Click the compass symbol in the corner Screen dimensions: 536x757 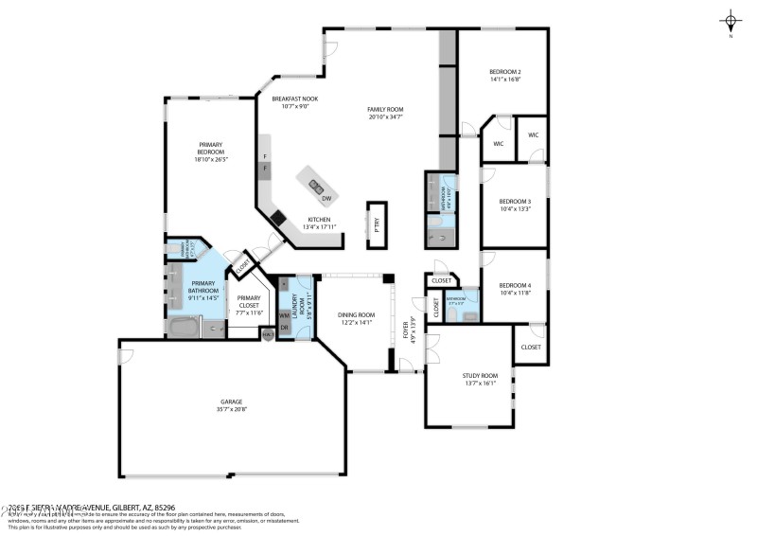pos(731,19)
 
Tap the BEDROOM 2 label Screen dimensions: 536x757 pos(505,72)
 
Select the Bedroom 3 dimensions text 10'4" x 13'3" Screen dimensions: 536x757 pos(515,209)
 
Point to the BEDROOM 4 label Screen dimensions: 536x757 pos(515,285)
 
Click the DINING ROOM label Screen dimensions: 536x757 pos(357,314)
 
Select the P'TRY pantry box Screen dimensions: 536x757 pos(377,224)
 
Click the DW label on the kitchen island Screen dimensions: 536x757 pos(326,199)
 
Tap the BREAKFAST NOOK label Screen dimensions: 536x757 pos(294,98)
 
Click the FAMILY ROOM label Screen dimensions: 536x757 pos(385,110)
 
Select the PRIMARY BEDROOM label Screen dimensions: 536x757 pos(211,149)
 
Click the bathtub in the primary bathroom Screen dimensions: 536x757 pos(185,329)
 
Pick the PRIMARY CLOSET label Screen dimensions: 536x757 pos(249,301)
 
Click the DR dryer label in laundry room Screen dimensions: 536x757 pos(283,328)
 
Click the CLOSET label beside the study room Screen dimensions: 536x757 pos(531,347)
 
